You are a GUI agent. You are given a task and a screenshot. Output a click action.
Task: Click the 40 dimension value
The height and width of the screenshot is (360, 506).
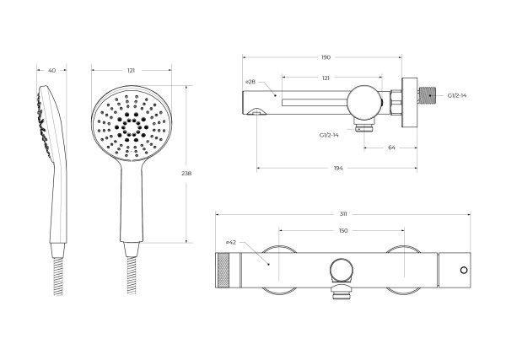51,70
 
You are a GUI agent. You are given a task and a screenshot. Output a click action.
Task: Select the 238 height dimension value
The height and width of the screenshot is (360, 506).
186,173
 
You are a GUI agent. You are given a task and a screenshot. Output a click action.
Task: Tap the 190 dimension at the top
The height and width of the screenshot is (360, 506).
326,57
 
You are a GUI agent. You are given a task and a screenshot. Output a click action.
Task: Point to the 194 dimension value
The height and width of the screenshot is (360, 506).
338,168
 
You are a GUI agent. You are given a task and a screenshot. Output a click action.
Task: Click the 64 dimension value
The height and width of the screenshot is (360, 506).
391,148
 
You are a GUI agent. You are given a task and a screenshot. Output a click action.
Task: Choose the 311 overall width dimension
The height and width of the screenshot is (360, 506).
343,214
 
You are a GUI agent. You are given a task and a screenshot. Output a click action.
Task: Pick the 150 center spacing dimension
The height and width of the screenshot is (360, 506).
343,231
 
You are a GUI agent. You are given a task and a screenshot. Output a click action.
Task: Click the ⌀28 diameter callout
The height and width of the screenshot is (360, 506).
250,82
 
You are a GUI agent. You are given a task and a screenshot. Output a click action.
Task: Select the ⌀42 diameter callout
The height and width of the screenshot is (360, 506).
231,242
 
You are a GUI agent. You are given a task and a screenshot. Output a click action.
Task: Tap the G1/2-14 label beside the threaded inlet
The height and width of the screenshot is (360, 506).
457,95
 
